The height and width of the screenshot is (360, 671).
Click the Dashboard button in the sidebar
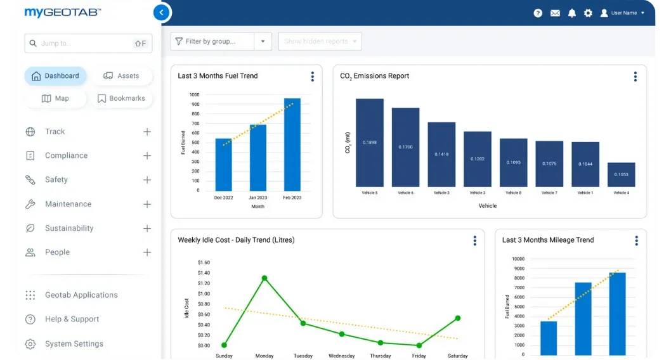click(55, 76)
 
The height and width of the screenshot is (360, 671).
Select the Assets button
click(121, 76)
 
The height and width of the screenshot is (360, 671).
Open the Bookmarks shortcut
click(121, 98)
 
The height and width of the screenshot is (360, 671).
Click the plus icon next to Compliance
click(147, 156)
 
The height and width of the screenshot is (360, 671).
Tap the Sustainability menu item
click(69, 228)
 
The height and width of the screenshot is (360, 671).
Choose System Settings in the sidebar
click(74, 344)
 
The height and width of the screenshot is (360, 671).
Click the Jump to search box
click(88, 43)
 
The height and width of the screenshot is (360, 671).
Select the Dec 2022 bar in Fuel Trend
click(224, 164)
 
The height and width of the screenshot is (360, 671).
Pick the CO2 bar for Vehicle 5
click(369, 143)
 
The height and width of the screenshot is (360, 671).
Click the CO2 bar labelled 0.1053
click(621, 174)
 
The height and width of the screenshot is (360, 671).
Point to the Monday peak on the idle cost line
click(264, 278)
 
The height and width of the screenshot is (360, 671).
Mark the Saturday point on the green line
click(457, 318)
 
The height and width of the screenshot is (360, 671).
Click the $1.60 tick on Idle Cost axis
click(204, 262)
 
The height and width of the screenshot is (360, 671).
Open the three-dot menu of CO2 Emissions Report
click(635, 77)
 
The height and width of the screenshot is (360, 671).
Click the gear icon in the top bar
click(588, 13)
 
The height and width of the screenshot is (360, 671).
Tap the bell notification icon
click(571, 13)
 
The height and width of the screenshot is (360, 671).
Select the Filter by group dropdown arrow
click(263, 42)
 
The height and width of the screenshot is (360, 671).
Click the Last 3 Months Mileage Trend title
click(547, 240)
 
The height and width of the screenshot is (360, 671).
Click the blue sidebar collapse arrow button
click(162, 13)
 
